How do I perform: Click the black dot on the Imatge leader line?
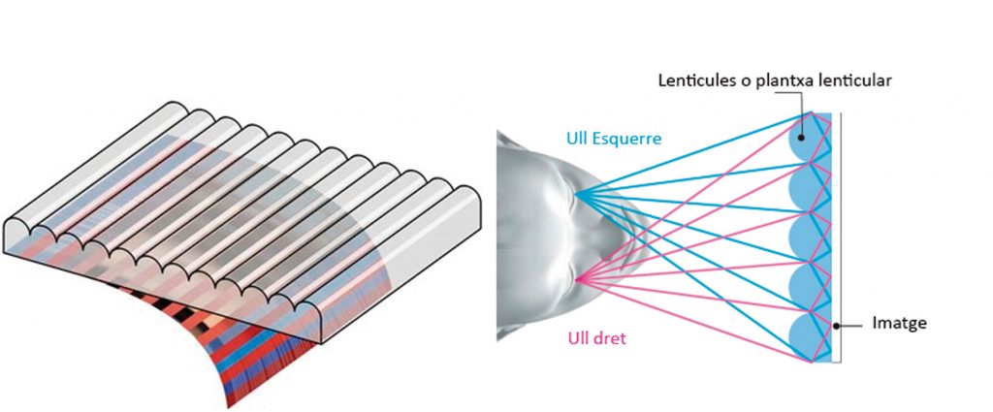[x=834, y=324]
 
